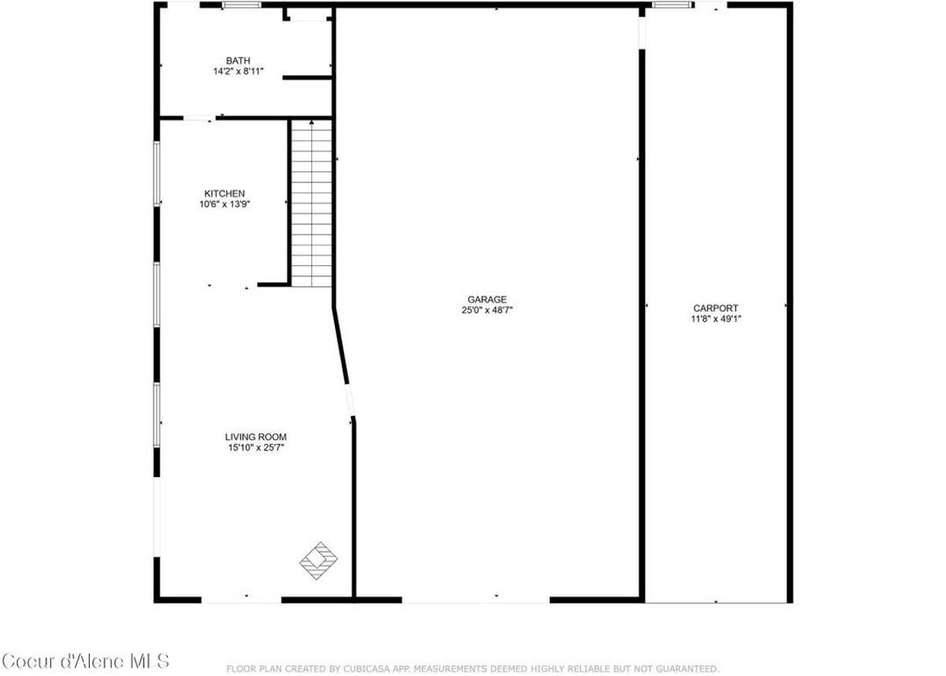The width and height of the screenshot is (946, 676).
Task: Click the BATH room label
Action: pyautogui.click(x=238, y=61)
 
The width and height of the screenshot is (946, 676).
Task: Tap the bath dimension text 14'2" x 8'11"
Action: pyautogui.click(x=238, y=72)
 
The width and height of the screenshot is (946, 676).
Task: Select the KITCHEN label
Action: pyautogui.click(x=225, y=193)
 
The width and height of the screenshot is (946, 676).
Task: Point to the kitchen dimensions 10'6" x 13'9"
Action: pyautogui.click(x=225, y=204)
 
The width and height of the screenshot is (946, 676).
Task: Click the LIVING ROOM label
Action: pyautogui.click(x=255, y=437)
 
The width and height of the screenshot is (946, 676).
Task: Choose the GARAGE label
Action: pyautogui.click(x=487, y=299)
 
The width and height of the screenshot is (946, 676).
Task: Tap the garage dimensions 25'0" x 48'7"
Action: pyautogui.click(x=487, y=310)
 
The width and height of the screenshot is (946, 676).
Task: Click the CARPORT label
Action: pyautogui.click(x=716, y=308)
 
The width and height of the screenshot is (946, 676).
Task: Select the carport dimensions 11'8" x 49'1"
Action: pyautogui.click(x=716, y=319)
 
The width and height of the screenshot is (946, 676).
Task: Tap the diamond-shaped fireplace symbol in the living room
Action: pyautogui.click(x=318, y=560)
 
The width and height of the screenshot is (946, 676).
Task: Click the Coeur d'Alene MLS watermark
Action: pyautogui.click(x=85, y=661)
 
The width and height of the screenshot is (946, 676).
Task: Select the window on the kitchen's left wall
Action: pyautogui.click(x=157, y=174)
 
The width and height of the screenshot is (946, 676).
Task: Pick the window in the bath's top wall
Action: pyautogui.click(x=242, y=5)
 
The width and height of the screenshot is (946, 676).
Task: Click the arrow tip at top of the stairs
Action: pyautogui.click(x=312, y=122)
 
